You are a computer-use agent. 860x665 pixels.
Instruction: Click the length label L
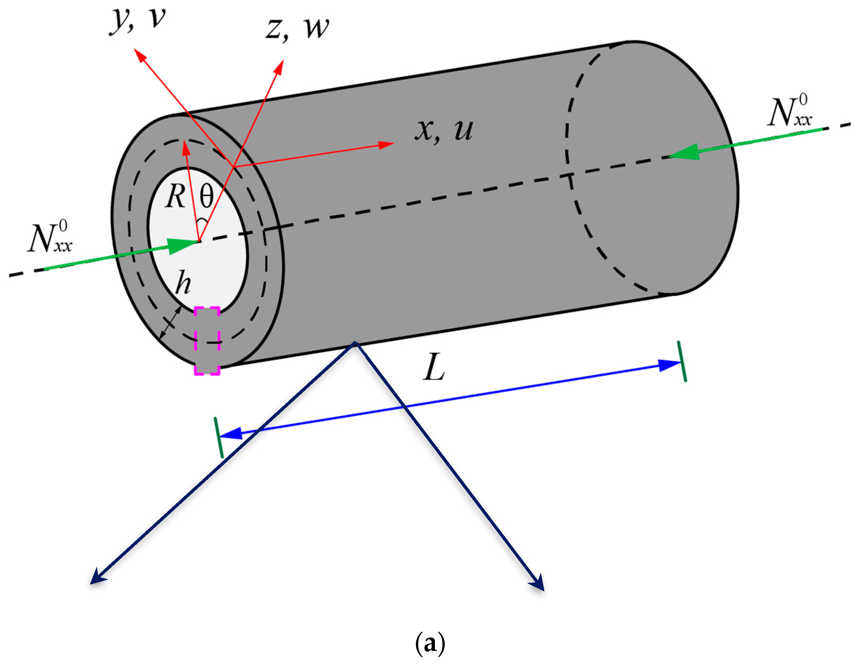[x=434, y=367]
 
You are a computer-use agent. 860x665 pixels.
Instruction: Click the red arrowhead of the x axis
[x=386, y=144]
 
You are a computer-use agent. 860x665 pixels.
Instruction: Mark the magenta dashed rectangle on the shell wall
[x=207, y=340]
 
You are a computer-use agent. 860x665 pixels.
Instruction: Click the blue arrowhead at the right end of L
[x=669, y=365]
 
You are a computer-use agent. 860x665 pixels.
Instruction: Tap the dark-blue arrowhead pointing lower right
[x=538, y=583]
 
